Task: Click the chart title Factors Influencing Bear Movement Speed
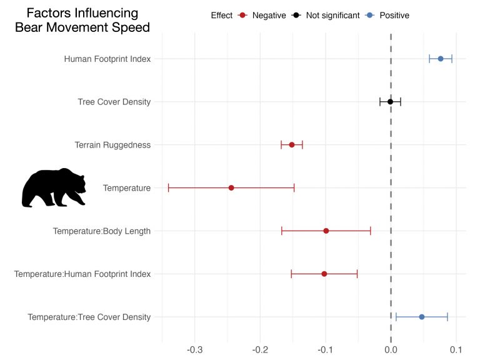click(82, 21)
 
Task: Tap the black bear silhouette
click(54, 187)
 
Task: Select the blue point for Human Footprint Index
click(441, 59)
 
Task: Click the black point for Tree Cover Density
click(390, 102)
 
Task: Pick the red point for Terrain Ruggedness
click(292, 145)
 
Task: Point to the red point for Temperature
click(231, 187)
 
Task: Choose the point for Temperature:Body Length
click(326, 231)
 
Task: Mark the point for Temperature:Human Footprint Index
click(324, 274)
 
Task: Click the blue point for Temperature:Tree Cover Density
click(422, 317)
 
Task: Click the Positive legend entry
click(392, 15)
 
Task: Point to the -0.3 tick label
click(195, 349)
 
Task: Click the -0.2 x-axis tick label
click(261, 349)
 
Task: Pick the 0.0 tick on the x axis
click(391, 349)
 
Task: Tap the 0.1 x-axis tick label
click(456, 349)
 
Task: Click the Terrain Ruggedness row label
click(112, 145)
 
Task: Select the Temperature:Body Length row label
click(102, 231)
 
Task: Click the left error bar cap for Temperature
click(169, 187)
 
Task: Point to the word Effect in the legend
click(222, 15)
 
